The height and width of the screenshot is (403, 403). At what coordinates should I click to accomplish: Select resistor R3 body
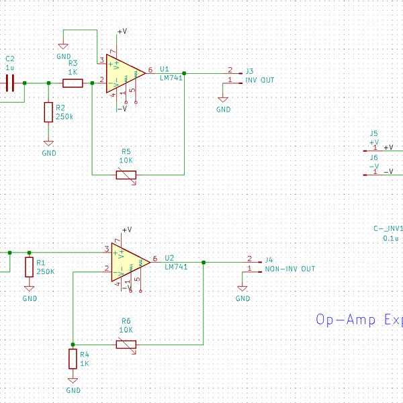click(x=73, y=83)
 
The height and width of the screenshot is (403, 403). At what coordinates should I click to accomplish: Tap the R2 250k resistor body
click(x=48, y=112)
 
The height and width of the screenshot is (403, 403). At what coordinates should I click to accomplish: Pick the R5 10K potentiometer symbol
click(x=126, y=175)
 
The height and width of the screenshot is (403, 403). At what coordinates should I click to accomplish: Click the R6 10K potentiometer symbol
click(x=126, y=345)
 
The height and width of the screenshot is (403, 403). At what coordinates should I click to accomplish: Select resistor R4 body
click(x=73, y=359)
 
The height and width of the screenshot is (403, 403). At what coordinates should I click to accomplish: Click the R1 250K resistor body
click(x=29, y=267)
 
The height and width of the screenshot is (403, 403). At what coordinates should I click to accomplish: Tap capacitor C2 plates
click(x=10, y=83)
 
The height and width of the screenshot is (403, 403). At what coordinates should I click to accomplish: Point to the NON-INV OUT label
click(x=289, y=269)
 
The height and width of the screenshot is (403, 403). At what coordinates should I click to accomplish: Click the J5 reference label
click(x=374, y=134)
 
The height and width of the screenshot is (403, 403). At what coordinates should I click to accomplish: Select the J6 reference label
click(x=374, y=157)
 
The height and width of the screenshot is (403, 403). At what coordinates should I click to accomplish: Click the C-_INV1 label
click(x=388, y=228)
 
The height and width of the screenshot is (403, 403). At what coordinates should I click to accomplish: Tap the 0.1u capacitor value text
click(x=390, y=238)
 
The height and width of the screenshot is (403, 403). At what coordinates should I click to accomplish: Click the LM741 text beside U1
click(x=171, y=77)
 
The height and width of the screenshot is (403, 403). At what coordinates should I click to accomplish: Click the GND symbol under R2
click(x=48, y=146)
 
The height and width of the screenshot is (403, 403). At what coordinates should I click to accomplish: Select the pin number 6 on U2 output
click(x=155, y=258)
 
